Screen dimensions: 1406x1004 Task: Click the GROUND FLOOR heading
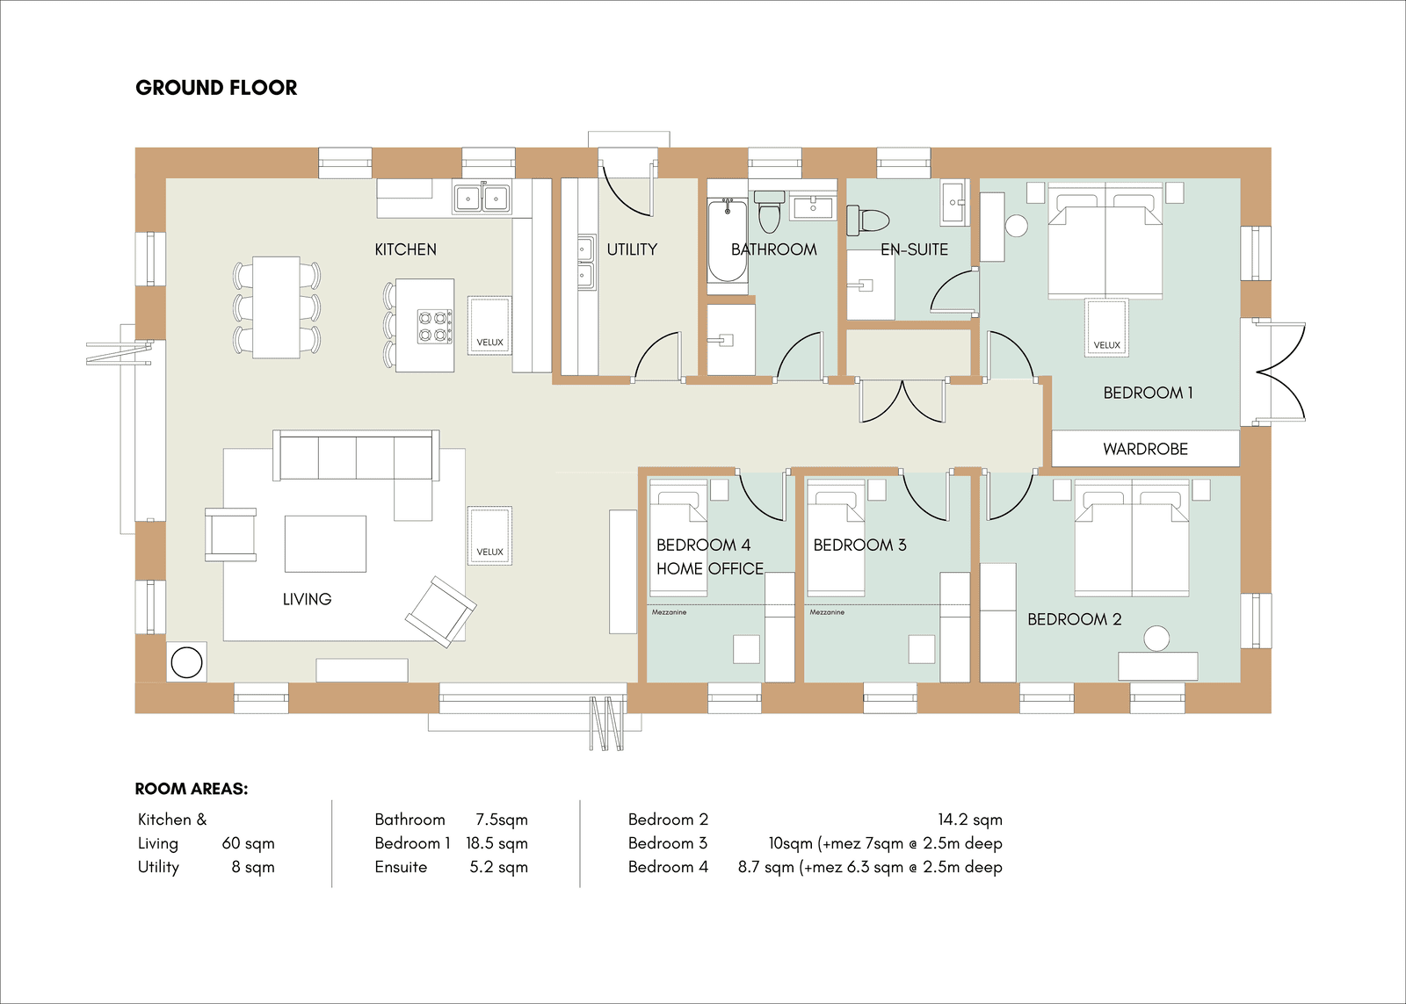(x=216, y=88)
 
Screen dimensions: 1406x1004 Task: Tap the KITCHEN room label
(x=405, y=249)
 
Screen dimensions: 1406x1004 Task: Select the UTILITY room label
(x=632, y=249)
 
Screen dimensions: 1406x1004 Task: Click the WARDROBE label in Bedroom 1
(x=1146, y=449)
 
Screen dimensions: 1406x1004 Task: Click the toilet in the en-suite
(x=869, y=220)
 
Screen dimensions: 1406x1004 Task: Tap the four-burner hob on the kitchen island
(x=436, y=326)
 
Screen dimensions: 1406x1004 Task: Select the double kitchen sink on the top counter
(x=482, y=199)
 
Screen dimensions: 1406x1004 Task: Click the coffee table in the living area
(x=325, y=544)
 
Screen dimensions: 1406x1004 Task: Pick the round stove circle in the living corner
(x=186, y=662)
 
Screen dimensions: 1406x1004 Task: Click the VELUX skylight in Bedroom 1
(x=1106, y=329)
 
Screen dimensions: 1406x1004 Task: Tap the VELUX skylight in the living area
(x=489, y=536)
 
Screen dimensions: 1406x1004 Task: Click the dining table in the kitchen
(x=276, y=307)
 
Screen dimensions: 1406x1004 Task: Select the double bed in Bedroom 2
(x=1132, y=538)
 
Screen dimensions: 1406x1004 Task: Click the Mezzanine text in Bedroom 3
(x=827, y=612)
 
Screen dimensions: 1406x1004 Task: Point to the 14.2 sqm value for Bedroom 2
(x=970, y=820)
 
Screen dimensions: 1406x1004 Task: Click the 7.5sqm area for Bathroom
(x=502, y=820)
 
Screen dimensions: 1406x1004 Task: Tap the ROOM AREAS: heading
(x=192, y=789)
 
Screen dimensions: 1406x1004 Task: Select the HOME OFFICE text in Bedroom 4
(x=710, y=569)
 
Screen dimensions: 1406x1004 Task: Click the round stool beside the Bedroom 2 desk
(x=1156, y=639)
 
